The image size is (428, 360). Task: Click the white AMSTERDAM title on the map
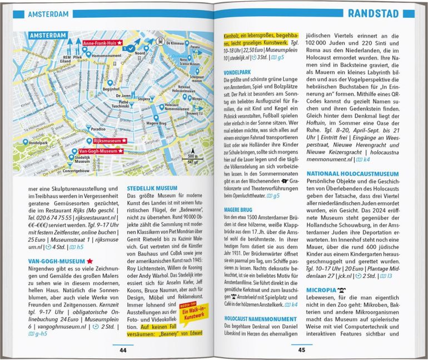pos(49,36)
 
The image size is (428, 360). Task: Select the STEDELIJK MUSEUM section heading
pos(153,188)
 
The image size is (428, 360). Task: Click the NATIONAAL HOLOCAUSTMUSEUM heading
pos(352,174)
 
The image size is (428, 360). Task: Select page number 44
pos(123,349)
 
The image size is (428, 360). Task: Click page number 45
pos(302,349)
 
